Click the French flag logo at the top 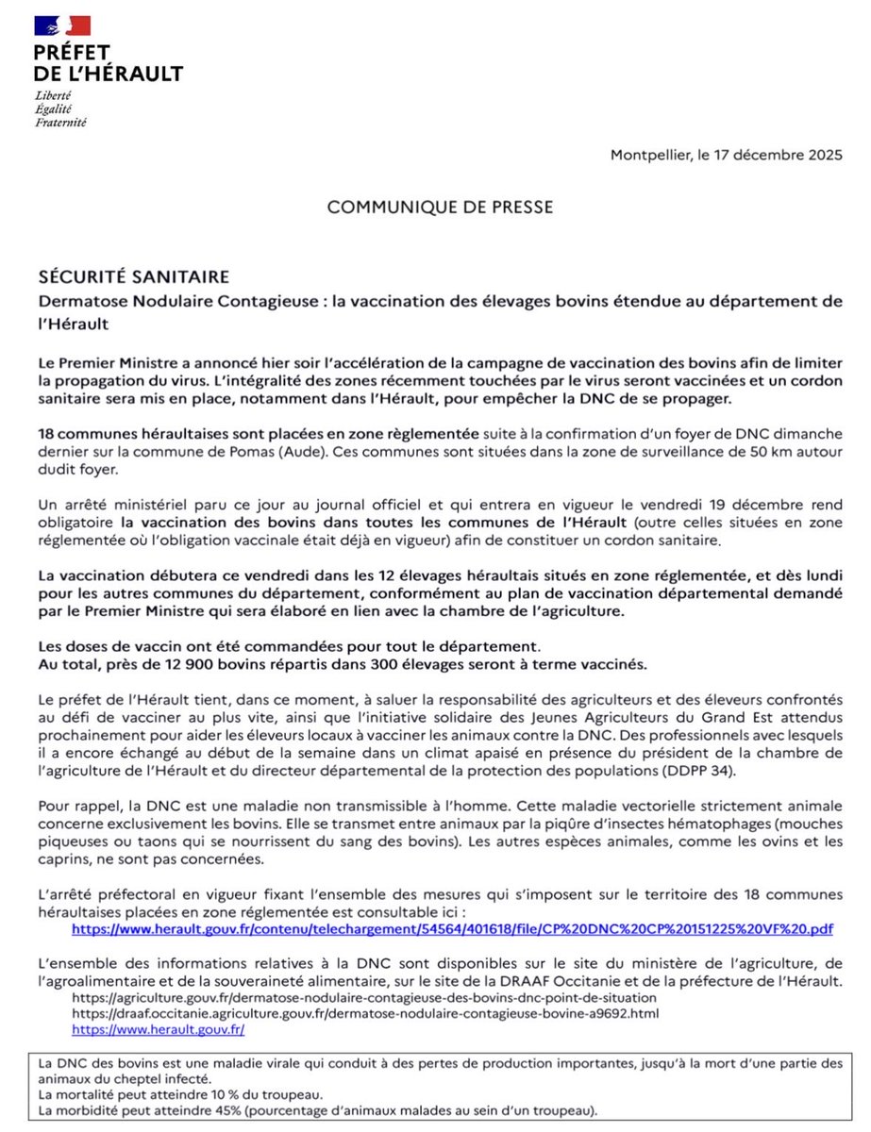[x=62, y=25]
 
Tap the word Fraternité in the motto [x=61, y=123]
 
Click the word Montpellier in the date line [x=650, y=155]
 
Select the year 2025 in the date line [x=818, y=155]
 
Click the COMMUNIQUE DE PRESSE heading [x=440, y=207]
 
